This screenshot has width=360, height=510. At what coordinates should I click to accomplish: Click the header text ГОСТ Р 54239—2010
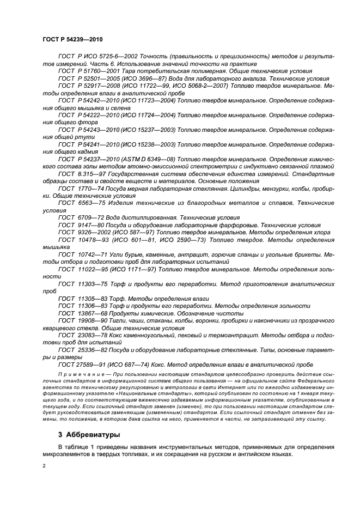[x=72, y=40]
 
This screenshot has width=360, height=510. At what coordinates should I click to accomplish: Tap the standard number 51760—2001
[x=97, y=71]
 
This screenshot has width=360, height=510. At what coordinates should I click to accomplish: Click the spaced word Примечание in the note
[x=78, y=377]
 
